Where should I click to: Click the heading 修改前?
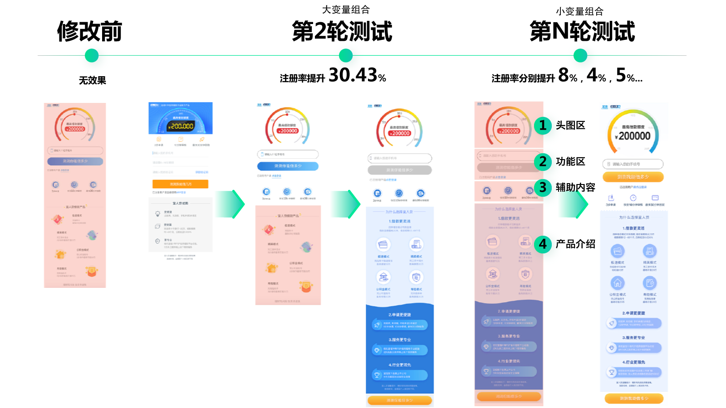click(x=89, y=32)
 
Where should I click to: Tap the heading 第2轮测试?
click(x=342, y=32)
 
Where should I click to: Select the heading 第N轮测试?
click(x=582, y=32)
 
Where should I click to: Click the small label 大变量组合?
click(x=346, y=10)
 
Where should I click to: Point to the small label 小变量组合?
click(x=579, y=11)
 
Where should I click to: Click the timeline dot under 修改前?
click(x=92, y=56)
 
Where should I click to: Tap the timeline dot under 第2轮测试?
click(x=346, y=56)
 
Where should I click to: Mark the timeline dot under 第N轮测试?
click(x=580, y=56)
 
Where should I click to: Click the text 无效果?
click(x=92, y=81)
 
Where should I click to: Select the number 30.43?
click(x=353, y=75)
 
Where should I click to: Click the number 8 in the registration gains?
click(x=563, y=75)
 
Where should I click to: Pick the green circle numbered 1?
click(x=542, y=125)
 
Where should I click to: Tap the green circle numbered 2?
click(x=542, y=161)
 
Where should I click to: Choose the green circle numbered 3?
click(x=542, y=187)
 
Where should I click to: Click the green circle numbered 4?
click(x=542, y=244)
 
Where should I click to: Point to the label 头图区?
click(x=570, y=126)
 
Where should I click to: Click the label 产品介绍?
click(x=575, y=244)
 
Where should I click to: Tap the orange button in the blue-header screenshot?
click(x=180, y=184)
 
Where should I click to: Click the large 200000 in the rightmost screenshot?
click(x=634, y=136)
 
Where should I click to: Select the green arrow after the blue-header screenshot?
click(x=231, y=204)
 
